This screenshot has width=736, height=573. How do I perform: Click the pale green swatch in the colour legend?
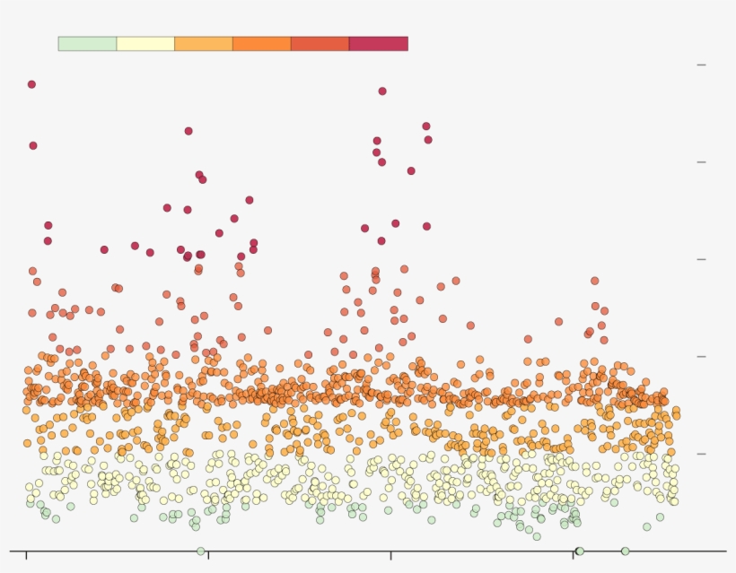[x=87, y=44]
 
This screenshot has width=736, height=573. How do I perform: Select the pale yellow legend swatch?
[x=145, y=44]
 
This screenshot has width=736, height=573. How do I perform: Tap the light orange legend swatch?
[x=204, y=44]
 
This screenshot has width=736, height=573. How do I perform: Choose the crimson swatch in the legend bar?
[x=378, y=44]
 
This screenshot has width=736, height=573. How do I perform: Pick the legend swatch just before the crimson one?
[x=320, y=44]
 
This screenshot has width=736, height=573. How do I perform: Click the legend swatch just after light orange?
[x=261, y=44]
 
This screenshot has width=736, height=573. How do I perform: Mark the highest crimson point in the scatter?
[x=31, y=84]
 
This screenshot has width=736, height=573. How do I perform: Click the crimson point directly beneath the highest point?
[x=33, y=145]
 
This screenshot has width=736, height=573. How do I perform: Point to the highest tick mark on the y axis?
[x=702, y=65]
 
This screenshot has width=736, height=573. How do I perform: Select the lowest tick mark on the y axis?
[x=702, y=454]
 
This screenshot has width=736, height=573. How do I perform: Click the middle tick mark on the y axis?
[x=702, y=259]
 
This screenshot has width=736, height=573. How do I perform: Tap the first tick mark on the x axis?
[x=26, y=556]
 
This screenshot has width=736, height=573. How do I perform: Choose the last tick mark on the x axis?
[x=574, y=556]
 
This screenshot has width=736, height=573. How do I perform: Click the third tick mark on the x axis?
[x=390, y=556]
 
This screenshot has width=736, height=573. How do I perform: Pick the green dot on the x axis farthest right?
[x=625, y=551]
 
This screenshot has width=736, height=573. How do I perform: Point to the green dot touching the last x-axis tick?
[x=580, y=551]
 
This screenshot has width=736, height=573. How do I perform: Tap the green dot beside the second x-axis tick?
[x=200, y=551]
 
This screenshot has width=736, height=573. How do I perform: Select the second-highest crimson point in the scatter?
[x=382, y=91]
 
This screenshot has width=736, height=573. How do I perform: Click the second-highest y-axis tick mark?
[x=702, y=162]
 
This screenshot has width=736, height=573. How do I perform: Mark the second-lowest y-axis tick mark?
[x=702, y=357]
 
